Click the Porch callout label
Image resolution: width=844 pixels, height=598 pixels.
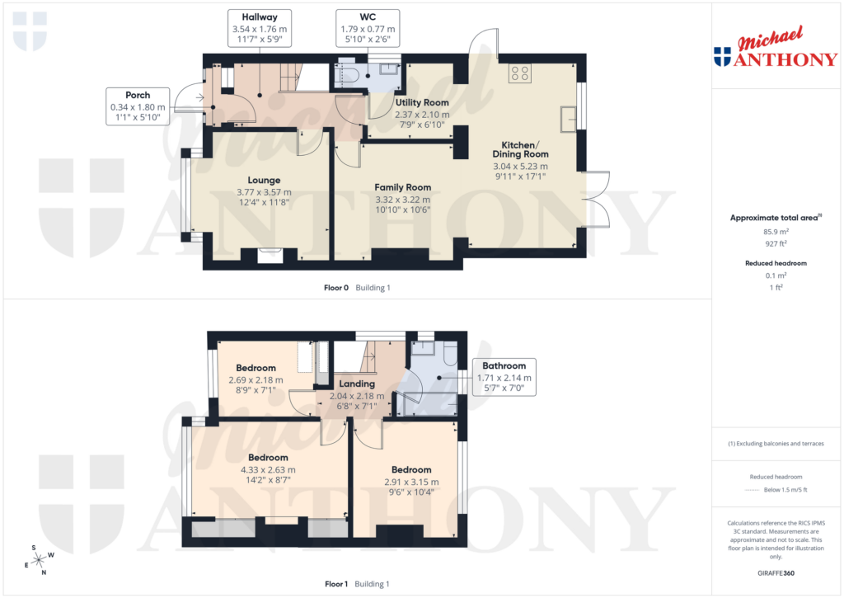click(x=138, y=106)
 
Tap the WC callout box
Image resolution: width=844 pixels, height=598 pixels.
click(x=368, y=28)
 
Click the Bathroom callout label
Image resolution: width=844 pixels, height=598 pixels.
click(x=504, y=377)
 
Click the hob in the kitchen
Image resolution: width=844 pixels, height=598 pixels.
click(x=520, y=73)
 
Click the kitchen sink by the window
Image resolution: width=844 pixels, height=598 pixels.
click(x=569, y=119)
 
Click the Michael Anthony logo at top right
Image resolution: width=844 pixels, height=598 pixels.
click(x=775, y=51)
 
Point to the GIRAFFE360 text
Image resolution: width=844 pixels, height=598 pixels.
click(x=775, y=572)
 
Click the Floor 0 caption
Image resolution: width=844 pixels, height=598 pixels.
click(x=335, y=288)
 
